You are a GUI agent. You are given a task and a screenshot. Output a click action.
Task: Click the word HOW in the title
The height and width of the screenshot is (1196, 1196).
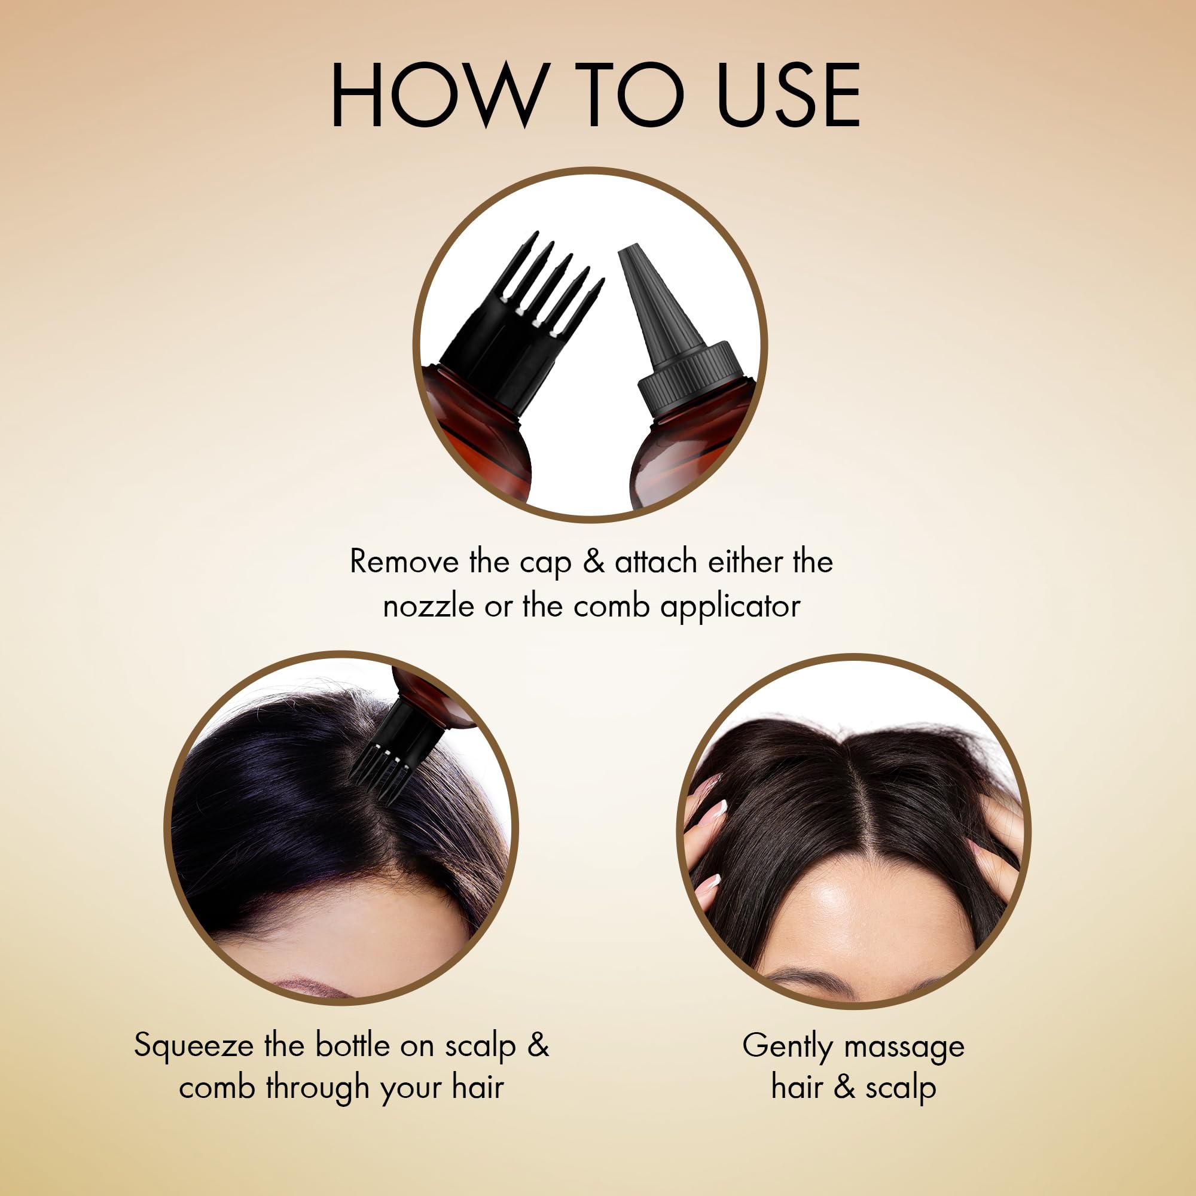coord(440,94)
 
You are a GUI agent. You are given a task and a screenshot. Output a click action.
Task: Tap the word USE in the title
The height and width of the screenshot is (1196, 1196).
coord(789,94)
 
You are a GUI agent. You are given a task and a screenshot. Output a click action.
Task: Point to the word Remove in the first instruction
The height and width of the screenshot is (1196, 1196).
coord(404,562)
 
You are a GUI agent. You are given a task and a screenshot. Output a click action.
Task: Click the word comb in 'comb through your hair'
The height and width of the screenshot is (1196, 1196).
coord(216,1088)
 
